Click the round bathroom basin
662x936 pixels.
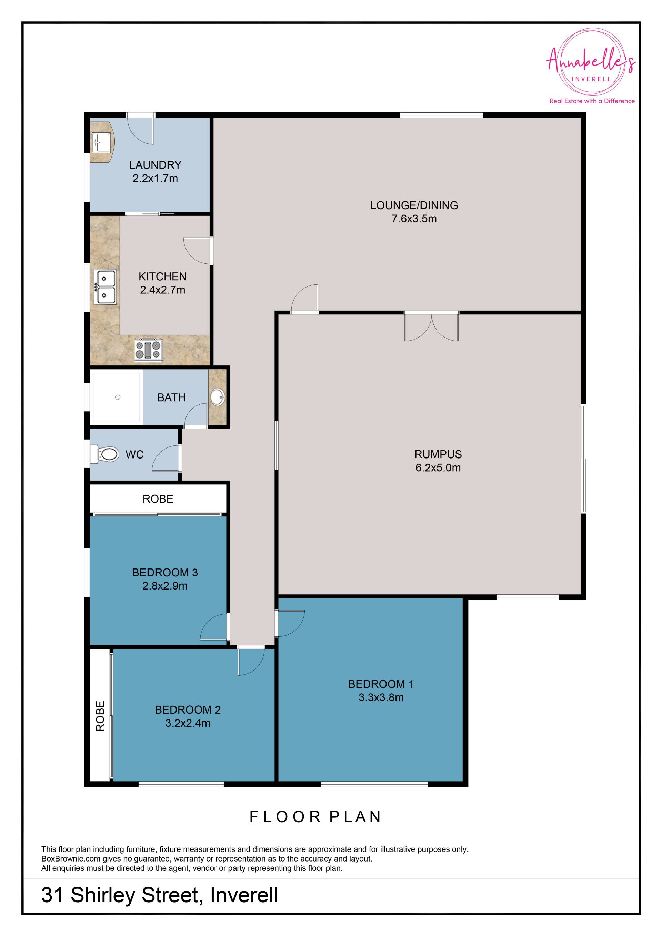click(x=217, y=397)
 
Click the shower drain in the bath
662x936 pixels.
click(x=118, y=397)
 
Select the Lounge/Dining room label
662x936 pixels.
click(x=414, y=205)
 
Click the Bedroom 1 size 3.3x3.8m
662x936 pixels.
click(x=381, y=697)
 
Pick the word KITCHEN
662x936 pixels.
click(x=163, y=276)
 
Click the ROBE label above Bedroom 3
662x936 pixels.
click(x=158, y=499)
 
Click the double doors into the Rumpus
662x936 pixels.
click(x=432, y=326)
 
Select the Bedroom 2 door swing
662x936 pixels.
click(x=251, y=661)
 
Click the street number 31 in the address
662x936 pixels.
click(x=52, y=895)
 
